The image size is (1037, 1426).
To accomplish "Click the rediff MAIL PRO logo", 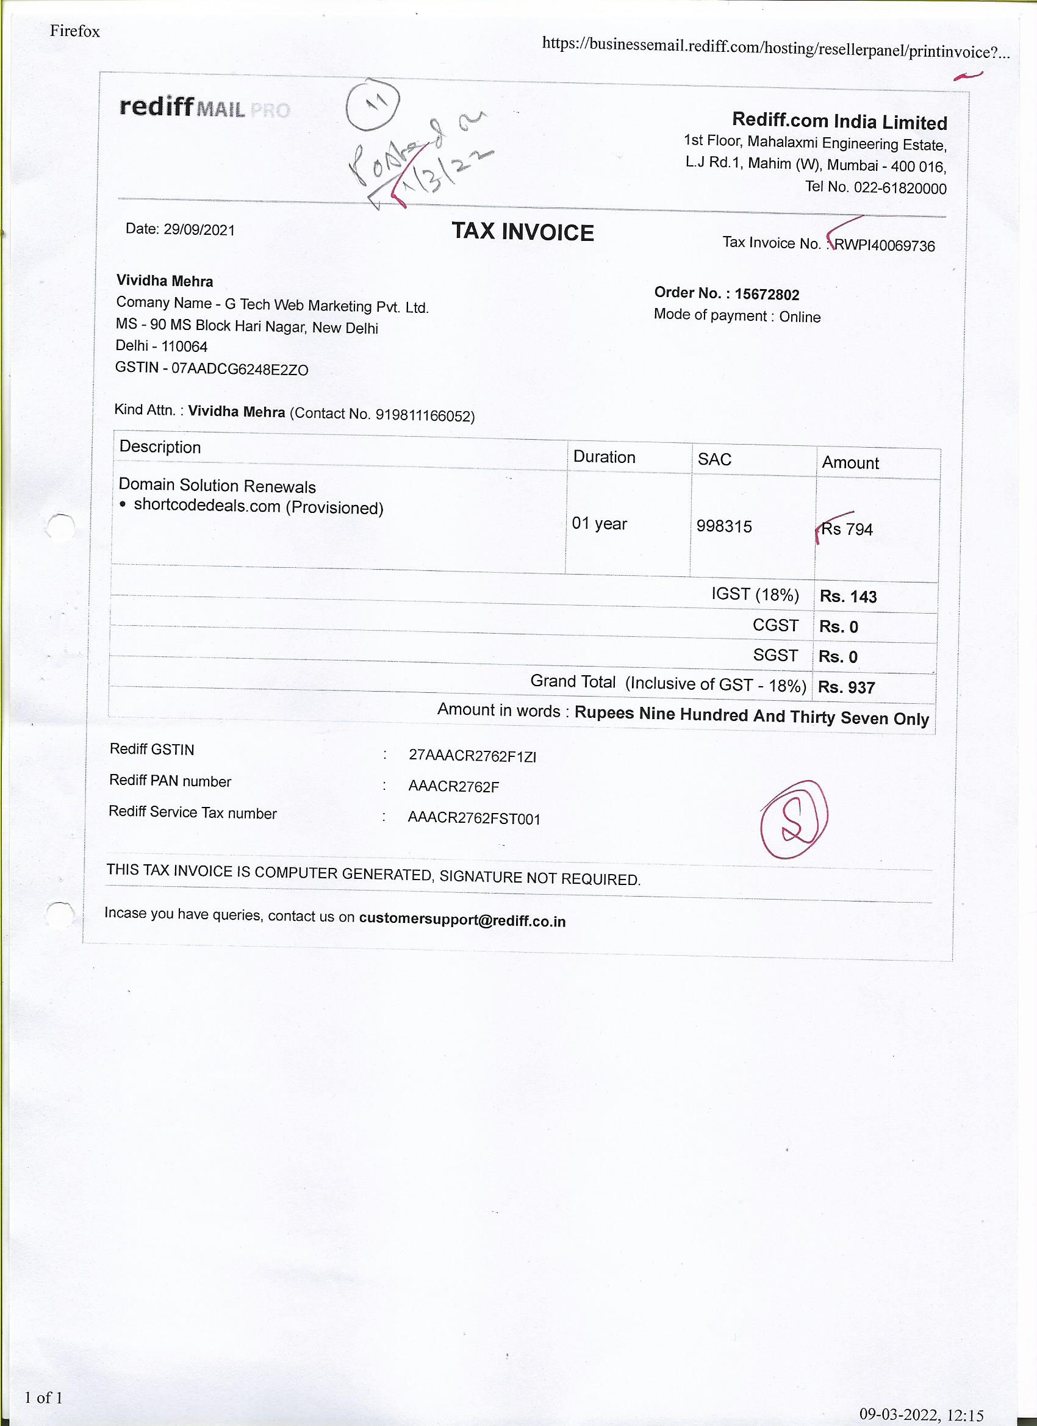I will click(x=204, y=107).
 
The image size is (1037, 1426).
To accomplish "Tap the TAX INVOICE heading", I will click(x=523, y=232).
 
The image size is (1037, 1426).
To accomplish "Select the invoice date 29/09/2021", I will click(x=199, y=229).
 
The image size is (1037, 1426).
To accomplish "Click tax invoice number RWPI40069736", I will click(x=884, y=245).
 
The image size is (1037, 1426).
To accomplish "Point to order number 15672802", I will click(x=767, y=294).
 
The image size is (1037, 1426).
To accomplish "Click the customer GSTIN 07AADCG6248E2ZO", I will click(x=240, y=369).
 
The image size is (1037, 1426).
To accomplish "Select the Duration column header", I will click(x=604, y=457).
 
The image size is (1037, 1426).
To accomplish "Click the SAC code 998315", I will click(x=724, y=526).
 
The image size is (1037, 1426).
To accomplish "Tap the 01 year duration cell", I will click(x=598, y=524).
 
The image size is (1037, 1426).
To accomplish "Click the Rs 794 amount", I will click(x=847, y=529).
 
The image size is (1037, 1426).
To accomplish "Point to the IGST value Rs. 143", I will click(x=848, y=596).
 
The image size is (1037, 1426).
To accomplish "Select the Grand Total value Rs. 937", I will click(x=846, y=687).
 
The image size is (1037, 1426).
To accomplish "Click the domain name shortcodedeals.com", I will click(x=207, y=506).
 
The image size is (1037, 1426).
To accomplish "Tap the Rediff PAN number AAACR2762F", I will click(x=453, y=786).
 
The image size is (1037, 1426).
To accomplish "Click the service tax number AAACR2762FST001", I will click(x=474, y=818).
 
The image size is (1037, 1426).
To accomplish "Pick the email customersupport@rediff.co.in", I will click(x=462, y=920).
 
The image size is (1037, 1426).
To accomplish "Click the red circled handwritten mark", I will click(x=794, y=819).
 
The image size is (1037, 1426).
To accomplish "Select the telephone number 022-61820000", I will click(x=899, y=188).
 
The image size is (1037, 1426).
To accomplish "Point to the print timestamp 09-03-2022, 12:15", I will click(x=921, y=1414).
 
